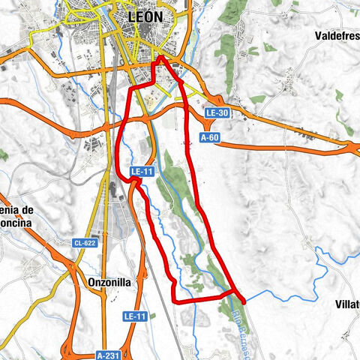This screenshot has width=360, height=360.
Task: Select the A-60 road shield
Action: point(209,137)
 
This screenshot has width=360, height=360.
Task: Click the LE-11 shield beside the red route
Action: point(142,172)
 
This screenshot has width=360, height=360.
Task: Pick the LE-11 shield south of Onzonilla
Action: point(135,317)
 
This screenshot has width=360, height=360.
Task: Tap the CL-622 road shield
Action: point(85,243)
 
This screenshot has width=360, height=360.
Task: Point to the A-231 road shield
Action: point(109,354)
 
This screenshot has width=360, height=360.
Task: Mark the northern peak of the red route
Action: point(160,56)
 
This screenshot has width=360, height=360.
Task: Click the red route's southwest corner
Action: point(175,301)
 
